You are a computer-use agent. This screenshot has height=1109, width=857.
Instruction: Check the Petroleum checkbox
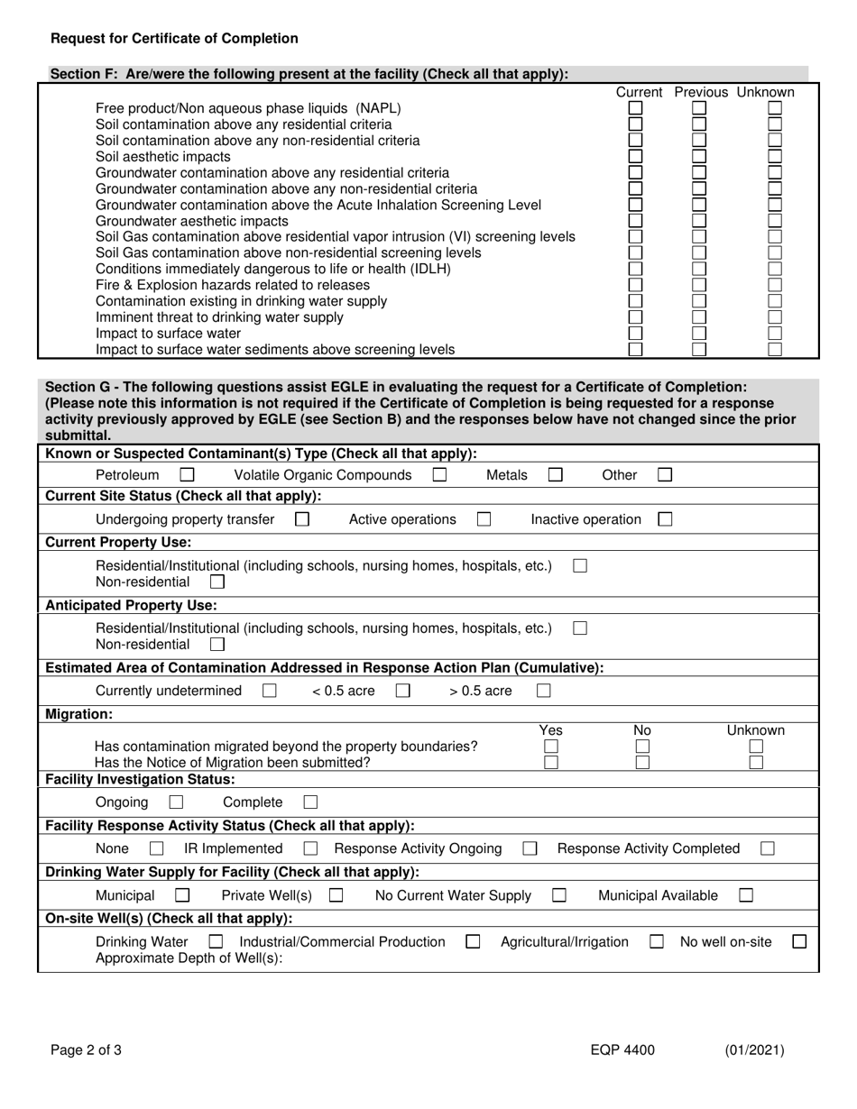coord(187,475)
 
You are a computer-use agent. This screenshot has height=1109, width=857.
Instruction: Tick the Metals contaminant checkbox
coord(556,475)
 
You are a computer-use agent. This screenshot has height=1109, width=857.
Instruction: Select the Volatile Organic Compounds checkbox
coord(440,475)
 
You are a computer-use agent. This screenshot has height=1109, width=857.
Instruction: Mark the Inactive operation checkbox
coord(665,519)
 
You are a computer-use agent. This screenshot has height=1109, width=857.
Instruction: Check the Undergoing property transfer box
coord(302,519)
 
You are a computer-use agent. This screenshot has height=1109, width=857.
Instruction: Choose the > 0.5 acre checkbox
coord(543,692)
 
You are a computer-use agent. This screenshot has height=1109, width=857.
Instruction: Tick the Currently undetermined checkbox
coord(269,692)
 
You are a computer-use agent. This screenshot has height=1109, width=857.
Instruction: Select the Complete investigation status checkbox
coord(310,802)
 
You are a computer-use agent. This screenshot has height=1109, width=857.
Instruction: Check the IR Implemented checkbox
coord(310,848)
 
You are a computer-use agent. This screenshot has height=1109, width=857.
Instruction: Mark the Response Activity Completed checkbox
coord(768,848)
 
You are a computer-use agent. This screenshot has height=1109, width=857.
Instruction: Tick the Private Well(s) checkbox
coord(336,895)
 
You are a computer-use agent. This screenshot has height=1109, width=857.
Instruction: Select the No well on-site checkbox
coord(798,942)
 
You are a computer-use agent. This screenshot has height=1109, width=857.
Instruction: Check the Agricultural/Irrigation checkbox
coord(657,942)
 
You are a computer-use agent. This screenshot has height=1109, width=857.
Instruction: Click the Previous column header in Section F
coord(701,93)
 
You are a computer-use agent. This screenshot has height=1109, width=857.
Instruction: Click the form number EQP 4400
coord(619,1050)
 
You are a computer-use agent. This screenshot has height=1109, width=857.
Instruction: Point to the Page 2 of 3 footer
coord(86,1050)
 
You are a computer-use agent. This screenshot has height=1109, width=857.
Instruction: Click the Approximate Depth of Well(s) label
coord(189,958)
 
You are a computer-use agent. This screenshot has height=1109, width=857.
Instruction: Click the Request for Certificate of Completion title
coord(174,39)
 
